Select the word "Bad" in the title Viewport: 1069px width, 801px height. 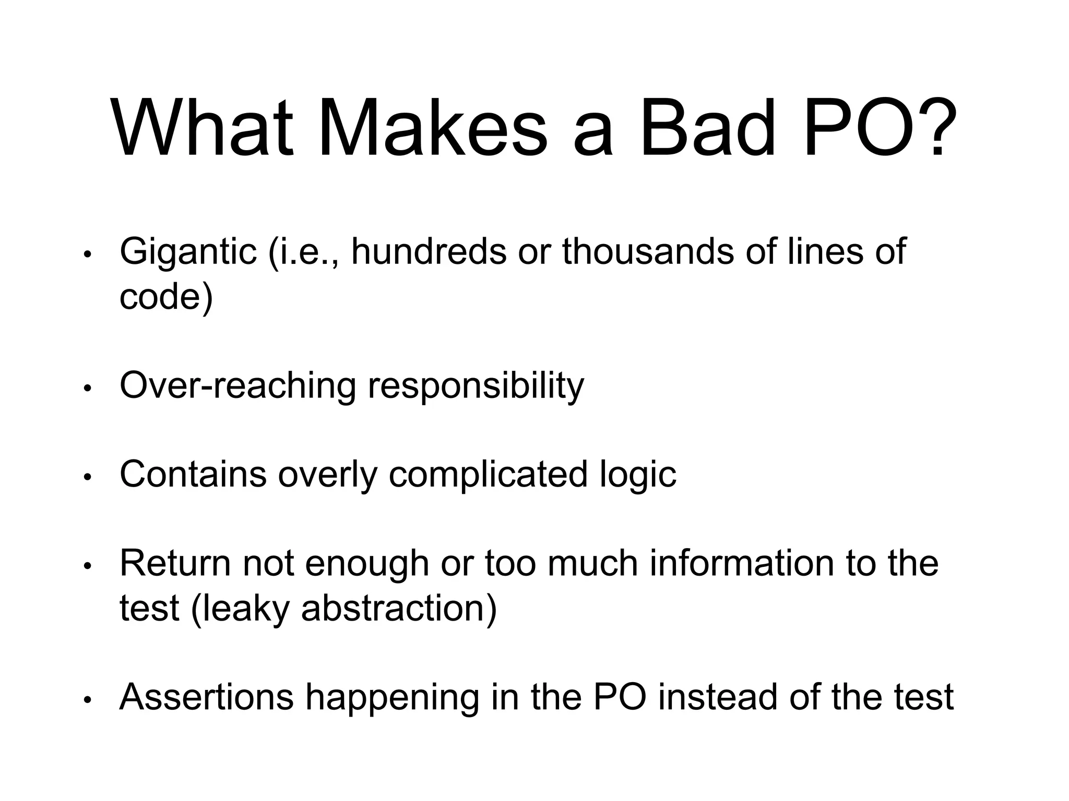coord(707,127)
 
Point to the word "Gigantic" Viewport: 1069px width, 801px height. coord(188,252)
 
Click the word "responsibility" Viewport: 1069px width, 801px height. coord(476,386)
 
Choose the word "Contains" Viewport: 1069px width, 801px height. coord(193,475)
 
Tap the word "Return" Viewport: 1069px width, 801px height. coord(175,564)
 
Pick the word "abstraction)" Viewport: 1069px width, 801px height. coord(399,609)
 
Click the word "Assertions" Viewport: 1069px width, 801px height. coord(207,697)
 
